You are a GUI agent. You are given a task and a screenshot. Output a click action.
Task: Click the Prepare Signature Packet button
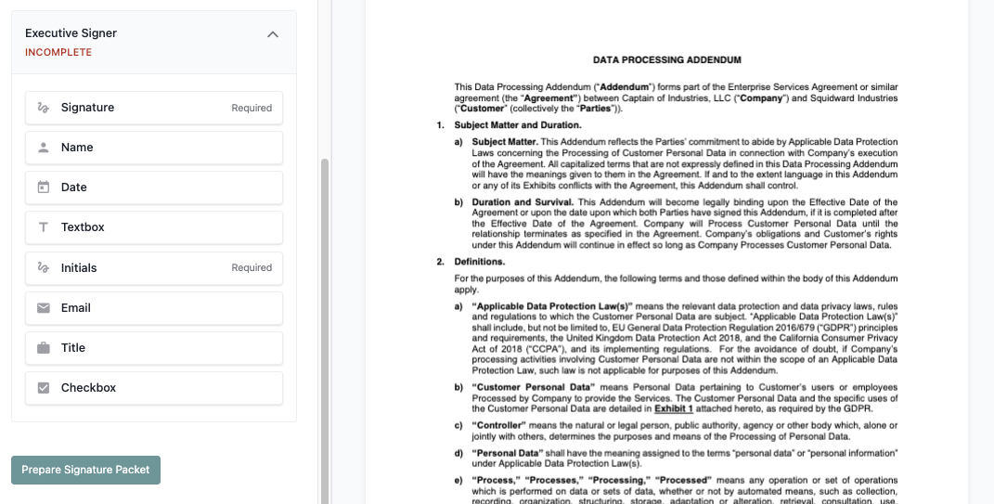[x=85, y=470]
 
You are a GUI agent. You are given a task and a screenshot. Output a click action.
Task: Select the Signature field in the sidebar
[x=153, y=108]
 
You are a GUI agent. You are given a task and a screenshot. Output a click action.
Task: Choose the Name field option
[x=153, y=148]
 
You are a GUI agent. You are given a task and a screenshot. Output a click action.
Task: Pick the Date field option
[x=153, y=187]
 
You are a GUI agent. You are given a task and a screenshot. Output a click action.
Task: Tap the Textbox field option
[x=153, y=227]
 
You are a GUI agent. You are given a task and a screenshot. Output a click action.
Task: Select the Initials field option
[x=153, y=268]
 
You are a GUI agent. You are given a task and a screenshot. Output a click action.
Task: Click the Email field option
[x=153, y=308]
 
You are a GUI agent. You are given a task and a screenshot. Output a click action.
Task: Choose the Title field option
[x=153, y=348]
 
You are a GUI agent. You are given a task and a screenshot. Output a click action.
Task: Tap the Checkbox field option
[x=153, y=388]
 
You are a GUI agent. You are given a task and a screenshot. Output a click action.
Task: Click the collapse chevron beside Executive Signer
[x=273, y=34]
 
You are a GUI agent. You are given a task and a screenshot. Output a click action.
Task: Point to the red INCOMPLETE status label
[x=58, y=53]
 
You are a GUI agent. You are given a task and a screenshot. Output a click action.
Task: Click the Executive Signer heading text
[x=71, y=33]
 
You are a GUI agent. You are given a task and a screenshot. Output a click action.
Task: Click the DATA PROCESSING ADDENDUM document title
[x=666, y=60]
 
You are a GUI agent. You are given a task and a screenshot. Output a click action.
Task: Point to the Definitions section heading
[x=479, y=262]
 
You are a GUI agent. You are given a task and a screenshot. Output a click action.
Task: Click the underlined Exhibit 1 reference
[x=674, y=408]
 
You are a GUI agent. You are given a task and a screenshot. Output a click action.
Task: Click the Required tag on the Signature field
[x=252, y=108]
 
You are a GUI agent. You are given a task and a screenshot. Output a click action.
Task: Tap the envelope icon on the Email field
[x=44, y=308]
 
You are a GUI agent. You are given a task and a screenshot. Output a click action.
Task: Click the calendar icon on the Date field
[x=44, y=187]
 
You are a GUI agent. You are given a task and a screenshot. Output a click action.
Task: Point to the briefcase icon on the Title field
[x=44, y=348]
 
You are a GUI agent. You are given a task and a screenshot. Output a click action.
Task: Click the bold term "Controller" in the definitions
[x=502, y=425]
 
